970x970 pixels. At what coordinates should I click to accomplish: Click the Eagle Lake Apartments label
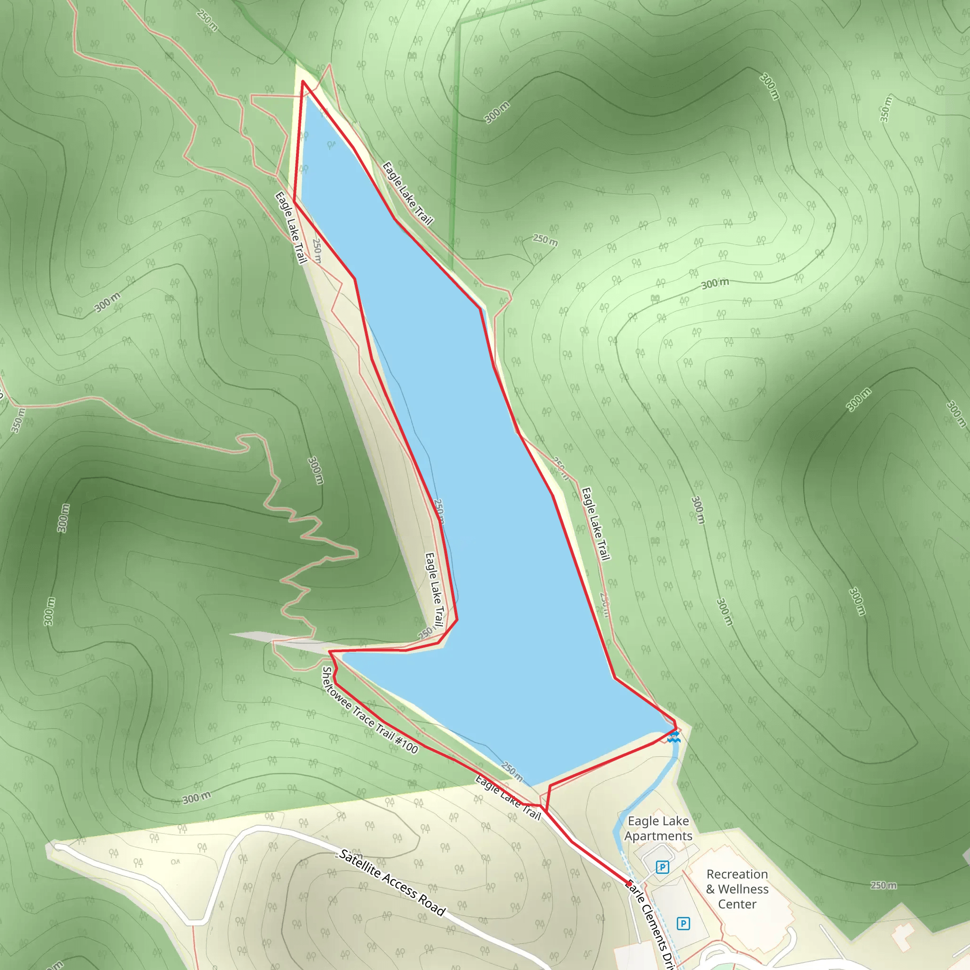click(658, 828)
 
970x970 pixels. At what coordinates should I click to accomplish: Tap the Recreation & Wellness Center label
click(737, 889)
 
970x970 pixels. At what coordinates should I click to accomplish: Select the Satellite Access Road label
click(392, 882)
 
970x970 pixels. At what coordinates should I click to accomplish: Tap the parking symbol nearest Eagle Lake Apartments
click(662, 867)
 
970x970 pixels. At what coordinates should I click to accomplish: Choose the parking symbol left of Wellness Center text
click(683, 923)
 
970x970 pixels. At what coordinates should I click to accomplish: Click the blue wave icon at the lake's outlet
click(674, 737)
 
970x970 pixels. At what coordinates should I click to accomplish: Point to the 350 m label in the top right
click(886, 109)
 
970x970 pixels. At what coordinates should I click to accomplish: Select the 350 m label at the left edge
click(18, 421)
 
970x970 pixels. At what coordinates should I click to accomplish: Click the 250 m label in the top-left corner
click(207, 20)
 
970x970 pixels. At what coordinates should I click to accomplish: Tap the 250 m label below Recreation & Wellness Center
click(883, 885)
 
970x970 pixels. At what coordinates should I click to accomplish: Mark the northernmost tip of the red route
click(303, 81)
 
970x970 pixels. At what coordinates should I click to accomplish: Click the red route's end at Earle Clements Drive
click(627, 882)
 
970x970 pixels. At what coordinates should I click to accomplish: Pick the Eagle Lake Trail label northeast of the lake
click(407, 193)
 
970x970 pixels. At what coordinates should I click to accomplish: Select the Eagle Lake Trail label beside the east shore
click(595, 523)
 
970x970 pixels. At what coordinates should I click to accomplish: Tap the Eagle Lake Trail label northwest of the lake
click(291, 227)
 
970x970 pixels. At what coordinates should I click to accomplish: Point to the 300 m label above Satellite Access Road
click(196, 798)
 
